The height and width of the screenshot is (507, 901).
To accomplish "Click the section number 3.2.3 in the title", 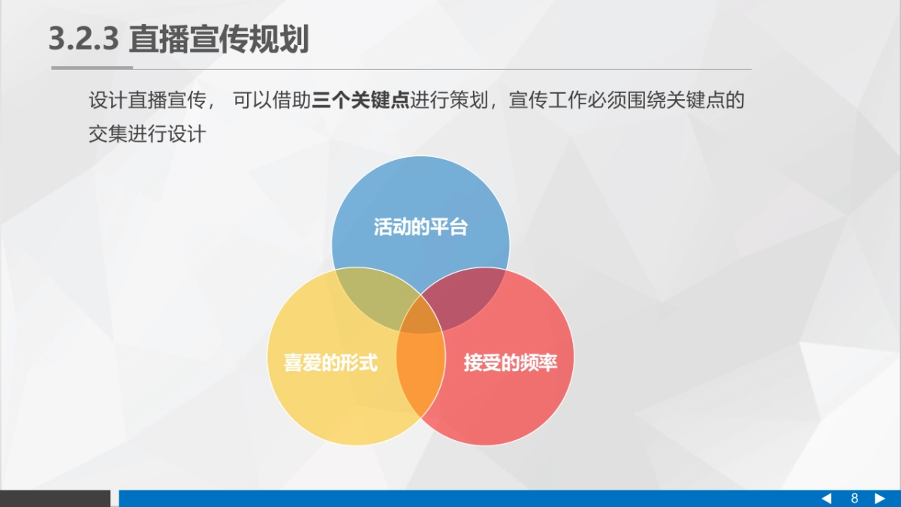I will click(83, 39).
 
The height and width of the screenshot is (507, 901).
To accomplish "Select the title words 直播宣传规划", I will click(218, 39).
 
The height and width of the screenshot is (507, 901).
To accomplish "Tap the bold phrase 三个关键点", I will click(360, 101).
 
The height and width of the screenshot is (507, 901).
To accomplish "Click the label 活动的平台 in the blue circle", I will click(420, 227).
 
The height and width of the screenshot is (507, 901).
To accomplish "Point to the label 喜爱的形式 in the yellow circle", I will click(330, 364).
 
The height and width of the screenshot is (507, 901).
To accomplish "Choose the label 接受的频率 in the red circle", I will click(510, 364).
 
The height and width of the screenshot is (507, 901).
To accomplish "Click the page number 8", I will click(854, 499).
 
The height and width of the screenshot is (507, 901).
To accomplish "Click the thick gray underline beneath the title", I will click(92, 68).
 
